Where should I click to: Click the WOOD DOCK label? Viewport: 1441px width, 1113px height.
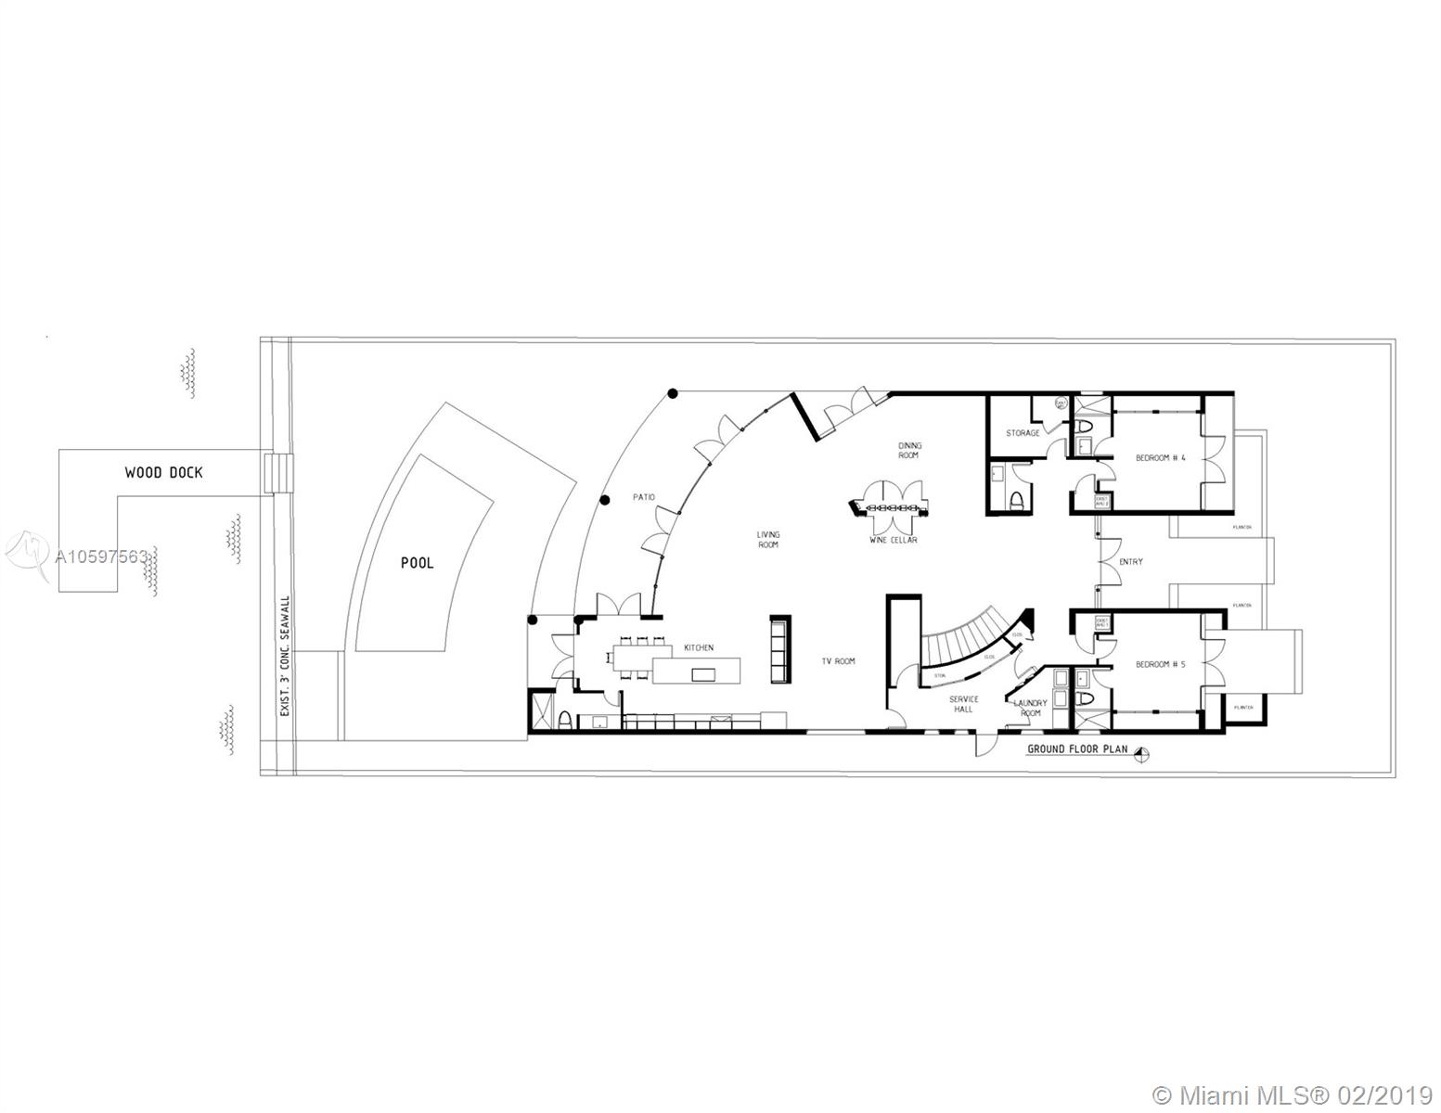tap(163, 473)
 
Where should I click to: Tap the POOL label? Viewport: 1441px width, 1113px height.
tap(417, 563)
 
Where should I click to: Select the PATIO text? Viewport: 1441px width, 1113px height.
tap(644, 498)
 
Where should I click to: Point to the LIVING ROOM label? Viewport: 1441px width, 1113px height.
tap(768, 540)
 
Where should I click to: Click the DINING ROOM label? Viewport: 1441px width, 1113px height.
tap(908, 451)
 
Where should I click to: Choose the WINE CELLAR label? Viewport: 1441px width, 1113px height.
tap(894, 540)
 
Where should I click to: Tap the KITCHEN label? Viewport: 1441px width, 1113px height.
tap(699, 647)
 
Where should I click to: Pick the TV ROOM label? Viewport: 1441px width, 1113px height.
tap(838, 661)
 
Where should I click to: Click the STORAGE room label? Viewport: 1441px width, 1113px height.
tap(1023, 433)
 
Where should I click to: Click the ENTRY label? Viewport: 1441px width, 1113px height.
tap(1131, 562)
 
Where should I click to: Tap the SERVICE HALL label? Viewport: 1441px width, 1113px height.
tap(963, 704)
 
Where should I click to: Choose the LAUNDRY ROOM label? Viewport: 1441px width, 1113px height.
tap(1030, 708)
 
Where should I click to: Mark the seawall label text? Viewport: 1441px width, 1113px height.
tap(285, 655)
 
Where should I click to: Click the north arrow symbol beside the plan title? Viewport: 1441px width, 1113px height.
tap(1144, 754)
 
